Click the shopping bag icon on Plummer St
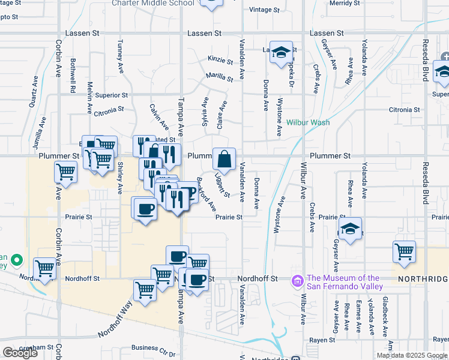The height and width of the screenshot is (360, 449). [224, 160]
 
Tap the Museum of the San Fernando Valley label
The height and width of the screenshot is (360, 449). [344, 282]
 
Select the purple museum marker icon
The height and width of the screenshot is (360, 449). [297, 281]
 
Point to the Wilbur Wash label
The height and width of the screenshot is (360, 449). [308, 122]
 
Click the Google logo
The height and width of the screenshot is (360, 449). [20, 353]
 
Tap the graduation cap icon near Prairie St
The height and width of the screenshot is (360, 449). [350, 229]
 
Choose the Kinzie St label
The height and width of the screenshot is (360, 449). [220, 60]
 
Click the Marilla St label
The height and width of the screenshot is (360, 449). [219, 77]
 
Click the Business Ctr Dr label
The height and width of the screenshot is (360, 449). [153, 347]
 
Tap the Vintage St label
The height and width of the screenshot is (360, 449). [265, 10]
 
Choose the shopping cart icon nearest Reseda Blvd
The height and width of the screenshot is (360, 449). [405, 252]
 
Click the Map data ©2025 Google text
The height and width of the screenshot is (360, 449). [412, 355]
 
